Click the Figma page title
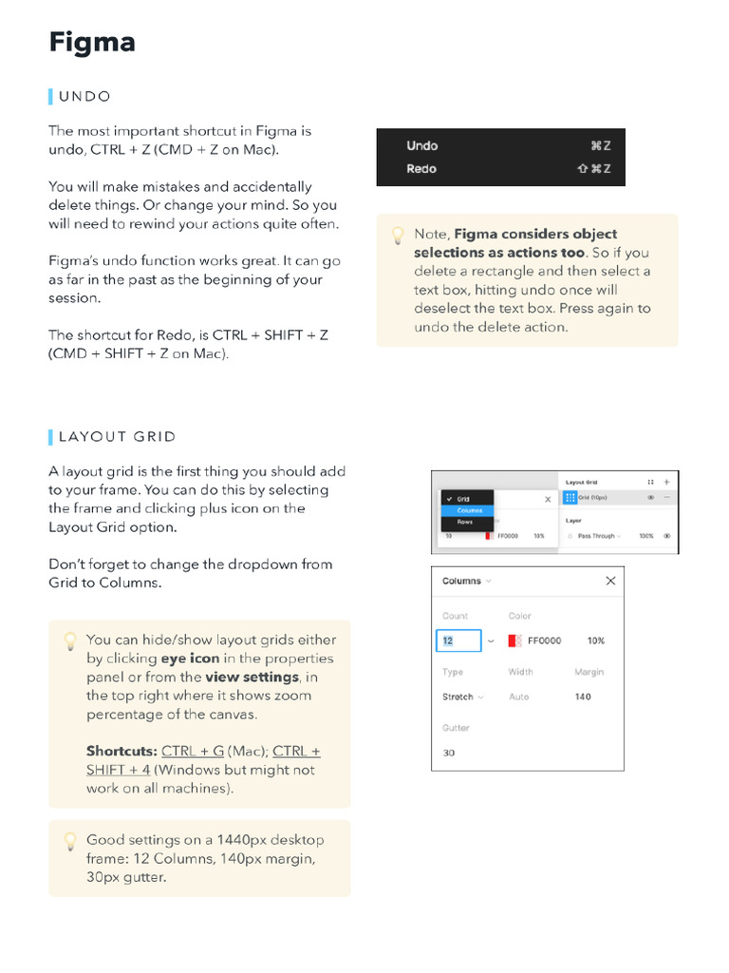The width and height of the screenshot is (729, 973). point(92,43)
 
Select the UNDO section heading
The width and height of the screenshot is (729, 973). point(84,96)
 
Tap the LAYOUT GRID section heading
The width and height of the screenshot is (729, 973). point(117,437)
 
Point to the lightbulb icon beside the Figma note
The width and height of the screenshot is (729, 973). point(396,236)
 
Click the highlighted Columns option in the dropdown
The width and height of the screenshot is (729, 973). point(469,510)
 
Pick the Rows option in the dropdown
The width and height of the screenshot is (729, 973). point(465,523)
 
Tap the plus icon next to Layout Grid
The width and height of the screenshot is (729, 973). point(666,482)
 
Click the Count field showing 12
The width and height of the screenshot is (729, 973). point(458,640)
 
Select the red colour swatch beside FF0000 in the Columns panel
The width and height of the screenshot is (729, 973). point(514,640)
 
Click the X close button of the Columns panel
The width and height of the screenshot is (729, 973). point(610,581)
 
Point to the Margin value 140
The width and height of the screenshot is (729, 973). point(583,696)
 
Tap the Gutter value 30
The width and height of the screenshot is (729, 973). point(449,753)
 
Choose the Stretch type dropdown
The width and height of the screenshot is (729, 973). point(462,696)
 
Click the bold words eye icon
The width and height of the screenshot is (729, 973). point(190,658)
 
